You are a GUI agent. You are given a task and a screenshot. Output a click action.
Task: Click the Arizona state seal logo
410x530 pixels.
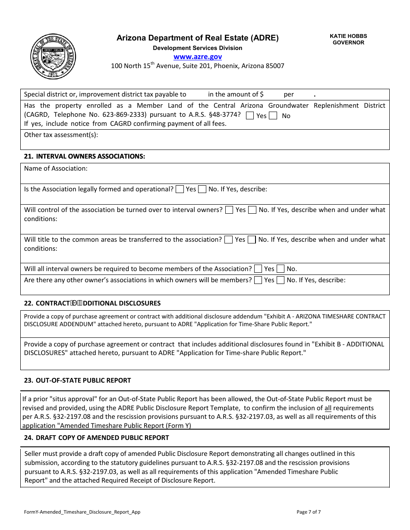(x=53, y=56)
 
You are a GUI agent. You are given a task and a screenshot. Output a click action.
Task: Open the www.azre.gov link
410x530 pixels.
(x=198, y=56)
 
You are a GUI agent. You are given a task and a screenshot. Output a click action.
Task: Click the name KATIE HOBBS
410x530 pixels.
(x=348, y=36)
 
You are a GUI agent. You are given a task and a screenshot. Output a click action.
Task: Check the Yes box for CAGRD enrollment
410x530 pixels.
(x=250, y=115)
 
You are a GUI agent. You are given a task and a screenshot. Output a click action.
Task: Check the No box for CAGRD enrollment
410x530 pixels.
(x=273, y=115)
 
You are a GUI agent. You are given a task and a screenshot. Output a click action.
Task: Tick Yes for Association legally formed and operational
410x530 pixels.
(x=180, y=189)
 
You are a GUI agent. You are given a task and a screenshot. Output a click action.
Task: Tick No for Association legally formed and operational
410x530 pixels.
(x=202, y=189)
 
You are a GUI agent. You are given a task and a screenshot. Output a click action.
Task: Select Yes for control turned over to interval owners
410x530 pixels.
(x=230, y=210)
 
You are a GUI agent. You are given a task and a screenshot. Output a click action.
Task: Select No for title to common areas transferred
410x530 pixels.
(x=252, y=240)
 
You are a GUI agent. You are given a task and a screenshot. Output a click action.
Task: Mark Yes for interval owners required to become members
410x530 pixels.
(x=258, y=269)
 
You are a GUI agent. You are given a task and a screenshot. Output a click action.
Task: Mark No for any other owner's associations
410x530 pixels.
(x=281, y=280)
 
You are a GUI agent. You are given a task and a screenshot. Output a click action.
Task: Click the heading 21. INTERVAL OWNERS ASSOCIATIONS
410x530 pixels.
(x=85, y=156)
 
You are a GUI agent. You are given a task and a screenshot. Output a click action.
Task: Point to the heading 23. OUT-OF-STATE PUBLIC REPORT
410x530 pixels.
(x=78, y=380)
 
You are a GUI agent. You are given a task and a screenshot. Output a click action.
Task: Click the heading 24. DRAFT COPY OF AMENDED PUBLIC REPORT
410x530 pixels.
(x=97, y=437)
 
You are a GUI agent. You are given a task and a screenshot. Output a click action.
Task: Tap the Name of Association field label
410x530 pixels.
(x=56, y=168)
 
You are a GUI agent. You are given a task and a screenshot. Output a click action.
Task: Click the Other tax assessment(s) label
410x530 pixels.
(x=61, y=135)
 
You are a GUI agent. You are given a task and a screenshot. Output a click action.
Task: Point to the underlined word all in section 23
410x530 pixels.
(x=328, y=408)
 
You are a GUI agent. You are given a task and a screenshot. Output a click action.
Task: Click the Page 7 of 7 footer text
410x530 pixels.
(x=309, y=512)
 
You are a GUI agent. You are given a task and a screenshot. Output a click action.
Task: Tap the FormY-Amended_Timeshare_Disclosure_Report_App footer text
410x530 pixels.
(x=82, y=512)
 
